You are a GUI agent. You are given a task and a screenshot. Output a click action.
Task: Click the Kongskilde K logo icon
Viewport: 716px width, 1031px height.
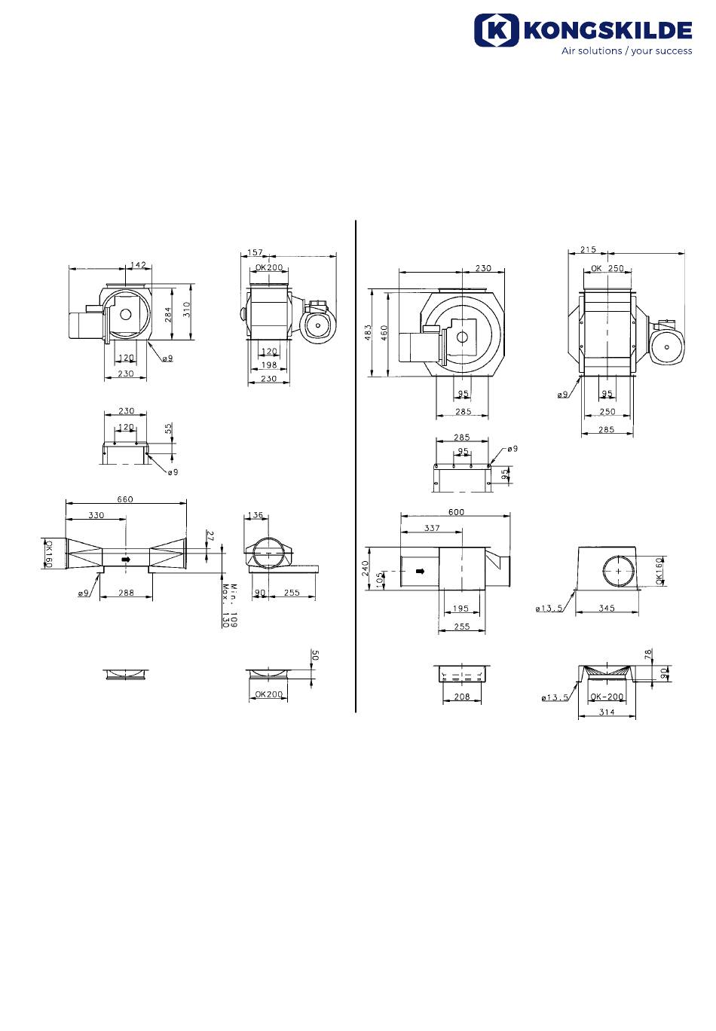pyautogui.click(x=496, y=30)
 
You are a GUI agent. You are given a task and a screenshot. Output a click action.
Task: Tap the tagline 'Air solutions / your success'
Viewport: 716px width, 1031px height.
pyautogui.click(x=626, y=51)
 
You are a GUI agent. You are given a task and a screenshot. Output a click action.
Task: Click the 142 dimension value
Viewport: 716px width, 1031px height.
pyautogui.click(x=138, y=264)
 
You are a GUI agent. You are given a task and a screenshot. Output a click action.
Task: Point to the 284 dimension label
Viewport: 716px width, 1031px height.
pyautogui.click(x=168, y=314)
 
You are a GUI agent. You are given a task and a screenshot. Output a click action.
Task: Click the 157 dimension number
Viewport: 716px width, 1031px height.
pyautogui.click(x=255, y=252)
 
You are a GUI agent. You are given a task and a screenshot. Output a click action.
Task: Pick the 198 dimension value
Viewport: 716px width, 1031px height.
pyautogui.click(x=268, y=365)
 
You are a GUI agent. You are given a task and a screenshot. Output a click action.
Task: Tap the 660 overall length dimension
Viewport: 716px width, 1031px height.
pyautogui.click(x=125, y=499)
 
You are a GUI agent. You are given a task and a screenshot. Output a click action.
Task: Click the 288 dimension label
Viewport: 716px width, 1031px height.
pyautogui.click(x=126, y=593)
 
